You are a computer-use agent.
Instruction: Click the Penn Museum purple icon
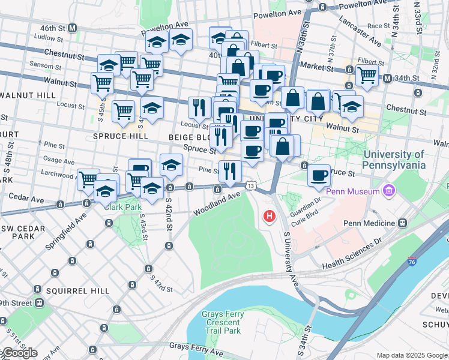(390, 191)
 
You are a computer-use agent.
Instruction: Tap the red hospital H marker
(270, 215)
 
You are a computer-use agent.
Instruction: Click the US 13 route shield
(252, 187)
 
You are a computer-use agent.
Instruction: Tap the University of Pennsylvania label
(394, 160)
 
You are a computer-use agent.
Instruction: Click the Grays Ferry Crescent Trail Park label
(221, 322)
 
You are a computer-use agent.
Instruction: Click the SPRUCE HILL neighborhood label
(120, 136)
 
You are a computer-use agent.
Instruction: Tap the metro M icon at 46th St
(73, 28)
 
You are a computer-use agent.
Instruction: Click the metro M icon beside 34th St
(388, 78)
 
